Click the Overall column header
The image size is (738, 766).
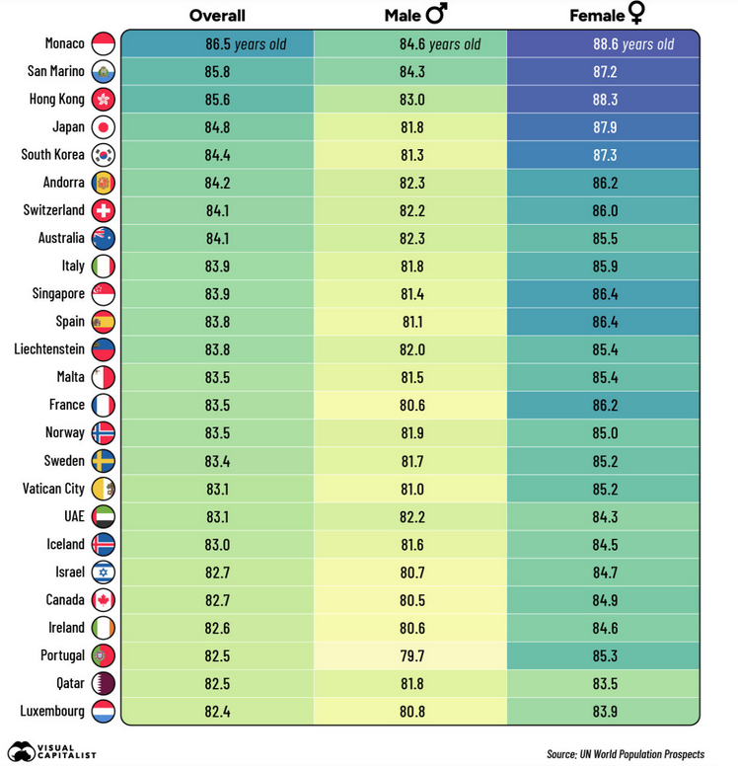click(x=217, y=16)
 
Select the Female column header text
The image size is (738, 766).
click(x=597, y=16)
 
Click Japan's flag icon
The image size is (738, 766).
click(x=104, y=127)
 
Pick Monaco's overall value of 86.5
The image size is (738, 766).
click(x=218, y=44)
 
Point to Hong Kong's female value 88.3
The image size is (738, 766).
click(x=605, y=100)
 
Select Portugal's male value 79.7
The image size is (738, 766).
click(x=411, y=655)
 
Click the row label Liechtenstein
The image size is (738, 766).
click(x=48, y=349)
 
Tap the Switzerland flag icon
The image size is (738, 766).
click(x=104, y=210)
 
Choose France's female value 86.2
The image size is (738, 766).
click(x=605, y=405)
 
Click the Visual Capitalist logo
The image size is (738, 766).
click(x=51, y=751)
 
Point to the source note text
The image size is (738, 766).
click(x=625, y=754)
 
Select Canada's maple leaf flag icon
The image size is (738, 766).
click(x=104, y=600)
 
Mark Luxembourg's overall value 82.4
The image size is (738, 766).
click(x=218, y=711)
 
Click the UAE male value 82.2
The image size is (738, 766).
click(x=411, y=516)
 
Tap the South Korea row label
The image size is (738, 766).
click(x=53, y=155)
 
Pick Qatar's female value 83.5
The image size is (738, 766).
click(x=605, y=683)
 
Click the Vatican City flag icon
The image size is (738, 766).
click(x=104, y=489)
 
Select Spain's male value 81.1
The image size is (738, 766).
click(x=411, y=322)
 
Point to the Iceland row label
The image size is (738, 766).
click(x=65, y=544)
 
